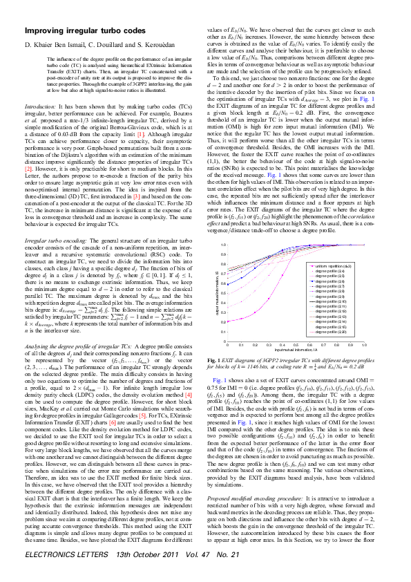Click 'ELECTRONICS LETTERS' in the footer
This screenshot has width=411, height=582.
click(61, 574)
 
